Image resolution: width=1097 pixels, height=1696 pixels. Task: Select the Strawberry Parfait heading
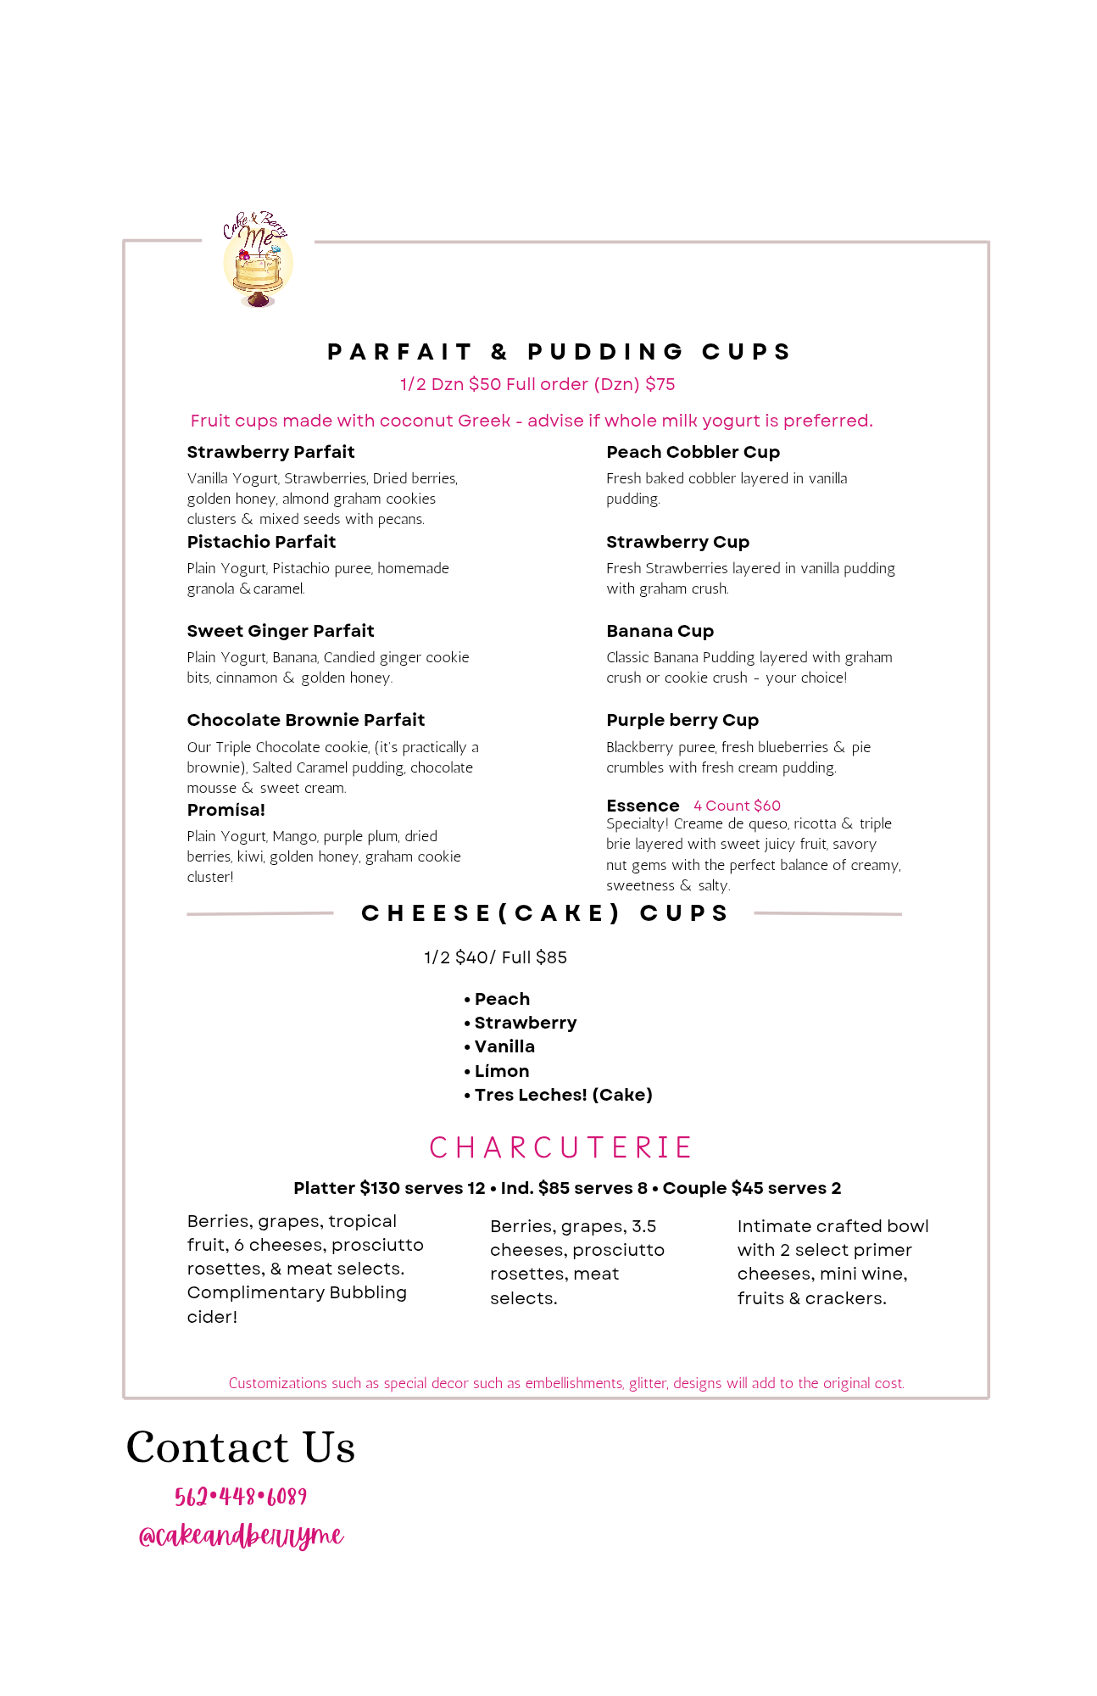point(270,452)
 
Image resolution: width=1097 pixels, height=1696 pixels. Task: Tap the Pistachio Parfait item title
point(261,542)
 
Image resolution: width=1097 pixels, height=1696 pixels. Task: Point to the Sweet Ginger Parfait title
point(280,631)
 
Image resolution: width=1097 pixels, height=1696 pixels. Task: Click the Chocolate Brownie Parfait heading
point(305,720)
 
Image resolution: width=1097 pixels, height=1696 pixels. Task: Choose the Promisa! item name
point(226,810)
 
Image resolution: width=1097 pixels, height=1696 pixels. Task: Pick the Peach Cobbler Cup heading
point(693,452)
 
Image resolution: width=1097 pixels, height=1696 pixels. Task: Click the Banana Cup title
point(660,631)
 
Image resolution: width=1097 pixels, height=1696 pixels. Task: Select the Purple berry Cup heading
point(682,720)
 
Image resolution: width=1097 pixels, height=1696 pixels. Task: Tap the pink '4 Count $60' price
point(737,806)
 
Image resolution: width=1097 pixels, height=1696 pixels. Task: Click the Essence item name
point(643,806)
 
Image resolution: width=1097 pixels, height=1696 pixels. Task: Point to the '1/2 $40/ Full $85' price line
point(495,957)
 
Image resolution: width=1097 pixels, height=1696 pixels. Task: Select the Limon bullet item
point(501,1071)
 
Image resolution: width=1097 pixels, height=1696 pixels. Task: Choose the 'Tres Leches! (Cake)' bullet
point(563,1095)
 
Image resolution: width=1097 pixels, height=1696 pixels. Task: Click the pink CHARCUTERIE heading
point(560,1147)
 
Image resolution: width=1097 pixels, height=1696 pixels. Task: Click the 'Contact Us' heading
point(241,1447)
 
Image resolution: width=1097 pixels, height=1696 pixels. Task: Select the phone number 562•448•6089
point(241,1497)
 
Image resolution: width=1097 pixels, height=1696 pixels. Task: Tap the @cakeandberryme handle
point(241,1536)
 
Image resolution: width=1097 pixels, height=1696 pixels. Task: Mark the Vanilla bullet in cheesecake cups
point(504,1046)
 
